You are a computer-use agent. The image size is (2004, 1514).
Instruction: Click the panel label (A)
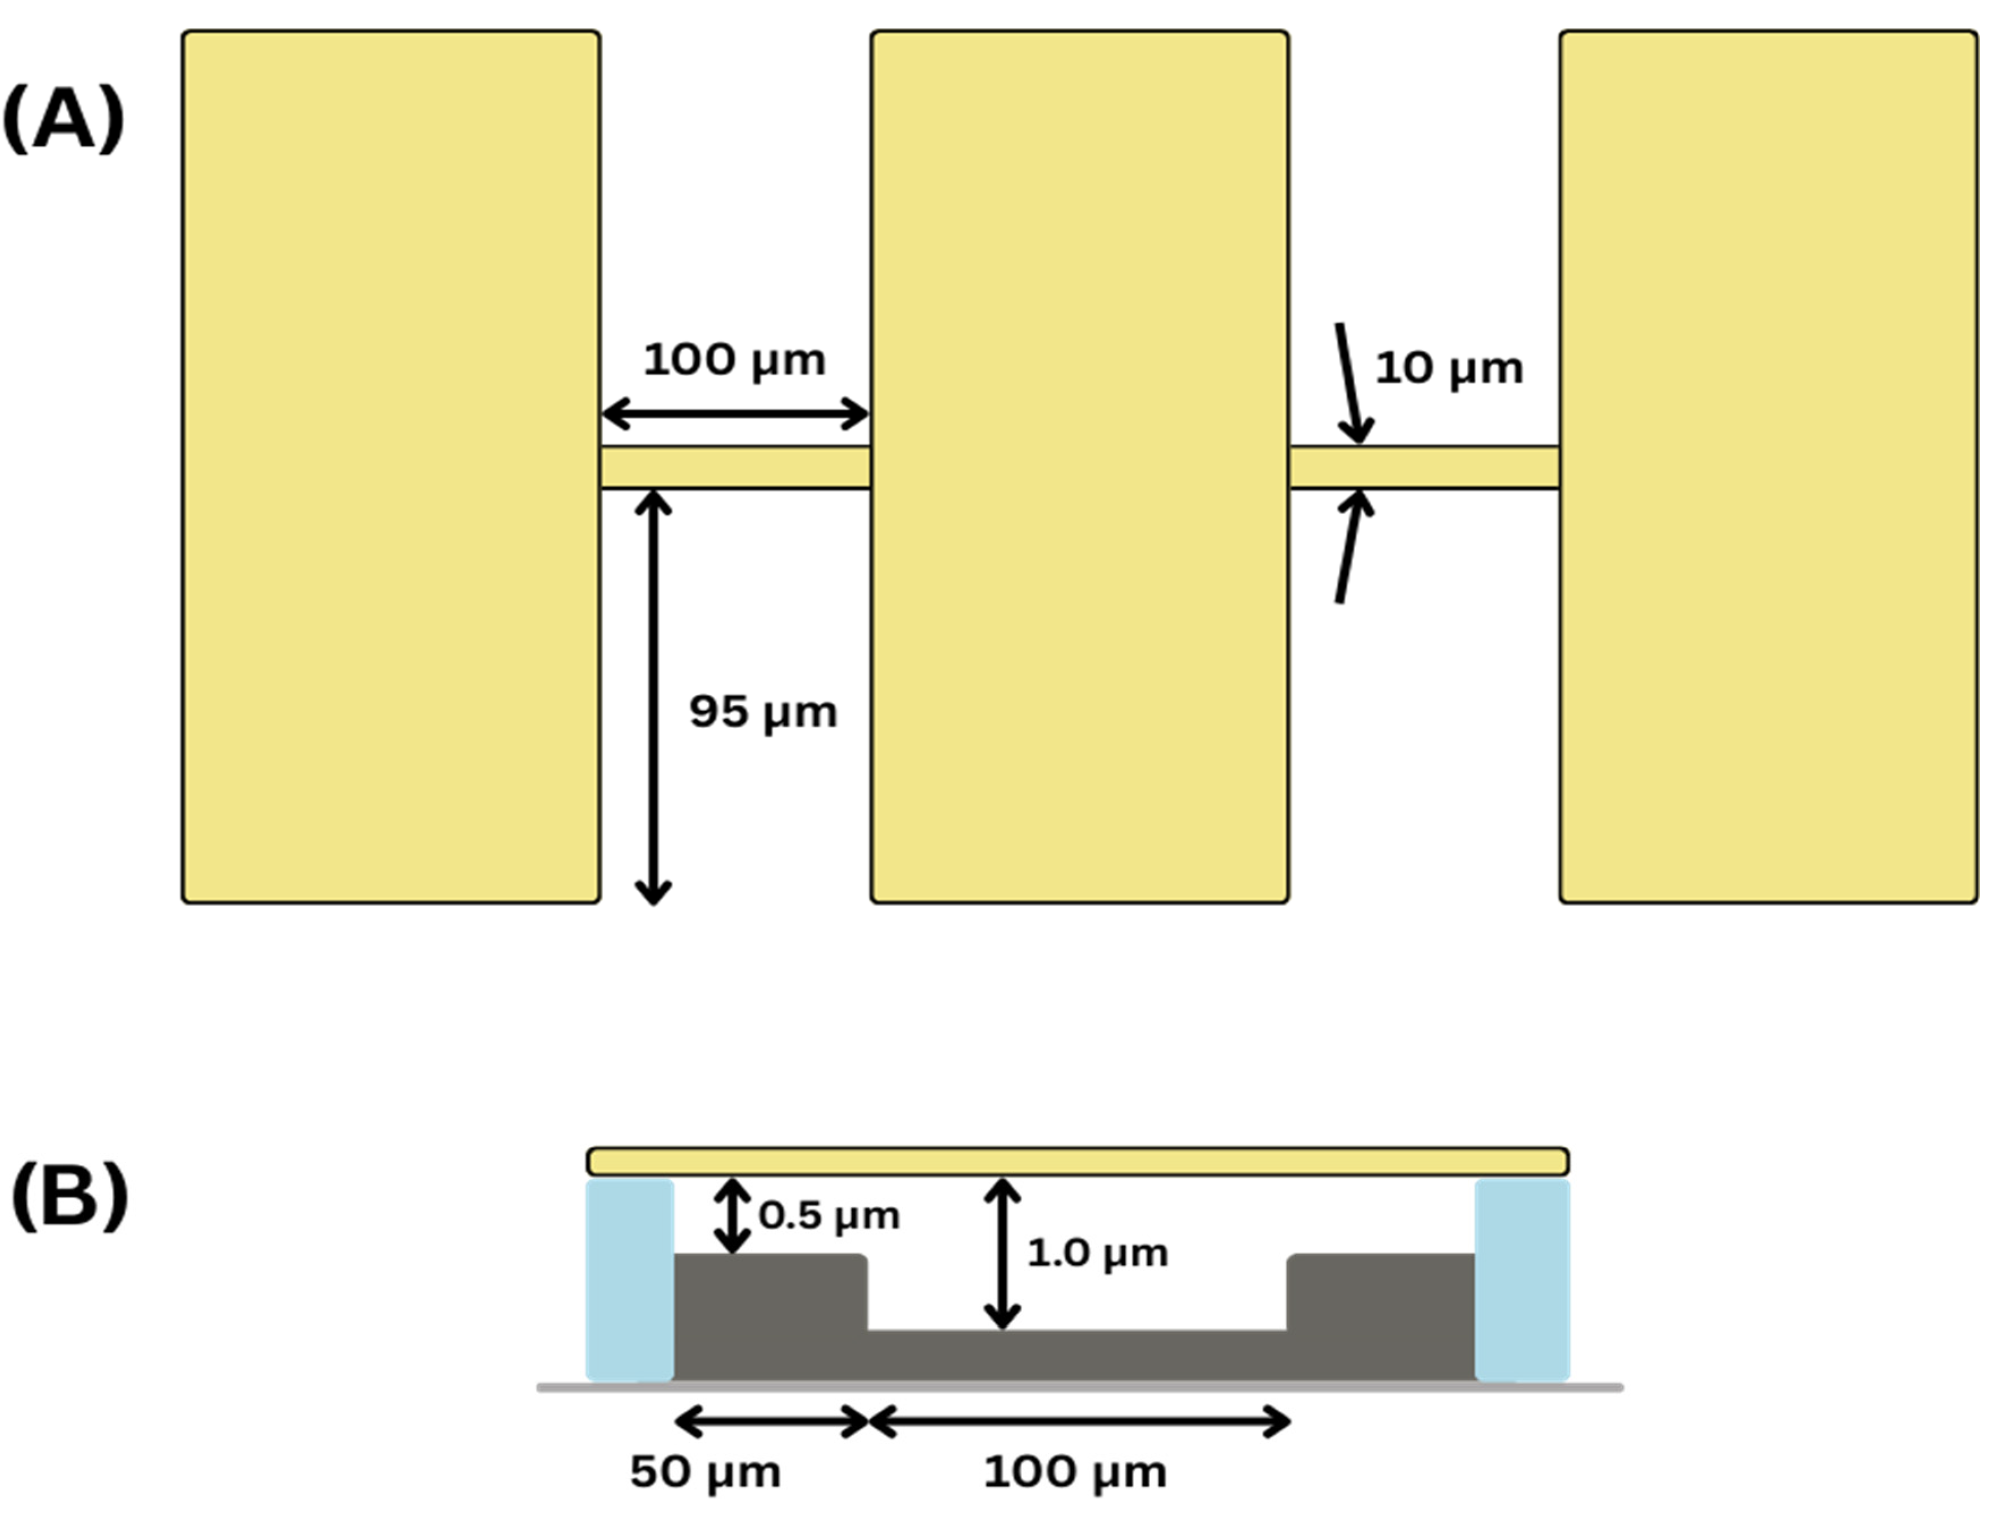coord(63,120)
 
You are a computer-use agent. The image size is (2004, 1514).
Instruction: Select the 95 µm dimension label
coord(763,711)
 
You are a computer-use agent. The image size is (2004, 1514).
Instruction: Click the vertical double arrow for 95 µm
coord(652,698)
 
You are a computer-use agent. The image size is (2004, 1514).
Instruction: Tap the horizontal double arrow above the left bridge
coord(735,414)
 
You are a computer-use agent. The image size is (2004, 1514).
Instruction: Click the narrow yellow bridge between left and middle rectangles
coord(735,467)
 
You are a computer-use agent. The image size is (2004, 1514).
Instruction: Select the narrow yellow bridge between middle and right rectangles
coord(1423,467)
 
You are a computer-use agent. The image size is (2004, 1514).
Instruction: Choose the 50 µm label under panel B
coord(705,1472)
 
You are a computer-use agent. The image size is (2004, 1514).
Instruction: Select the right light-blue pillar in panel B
coord(1522,1280)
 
